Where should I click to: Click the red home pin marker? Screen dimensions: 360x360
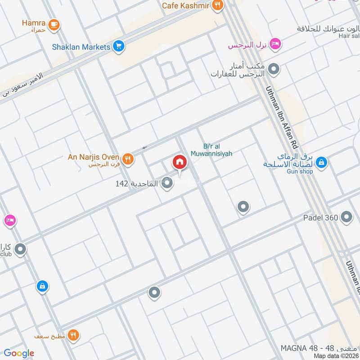point(179,162)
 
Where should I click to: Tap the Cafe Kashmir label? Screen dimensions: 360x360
point(186,5)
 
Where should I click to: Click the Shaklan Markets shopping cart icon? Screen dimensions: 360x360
point(119,46)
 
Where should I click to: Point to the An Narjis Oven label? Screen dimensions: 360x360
point(94,157)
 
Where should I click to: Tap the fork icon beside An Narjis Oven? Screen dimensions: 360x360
point(128,158)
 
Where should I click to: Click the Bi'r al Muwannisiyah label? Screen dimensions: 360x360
point(218,150)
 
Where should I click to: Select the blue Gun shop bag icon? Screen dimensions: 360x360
point(321,162)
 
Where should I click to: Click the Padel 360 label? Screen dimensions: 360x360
point(320,218)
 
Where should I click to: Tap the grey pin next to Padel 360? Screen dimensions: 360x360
point(346,217)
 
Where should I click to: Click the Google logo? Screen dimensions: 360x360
point(19,353)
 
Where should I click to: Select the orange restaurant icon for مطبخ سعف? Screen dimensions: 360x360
point(74,335)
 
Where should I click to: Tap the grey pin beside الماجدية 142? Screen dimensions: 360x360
point(167,183)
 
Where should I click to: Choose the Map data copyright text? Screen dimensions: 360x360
point(336,356)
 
